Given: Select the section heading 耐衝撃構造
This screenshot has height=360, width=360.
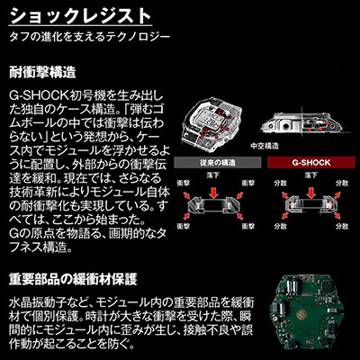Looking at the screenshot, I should (41, 70).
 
